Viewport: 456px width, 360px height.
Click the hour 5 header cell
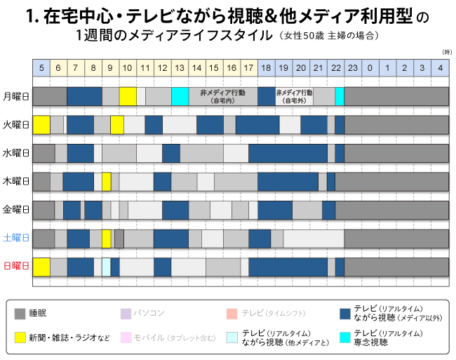point(41,67)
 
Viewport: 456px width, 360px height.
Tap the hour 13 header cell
point(180,67)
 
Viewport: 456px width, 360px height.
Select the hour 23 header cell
point(353,67)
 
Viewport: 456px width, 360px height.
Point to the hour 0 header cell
point(370,67)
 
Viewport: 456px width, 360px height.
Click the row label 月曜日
point(16,96)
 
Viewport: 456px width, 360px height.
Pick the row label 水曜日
point(16,153)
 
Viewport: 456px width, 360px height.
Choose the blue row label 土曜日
point(16,239)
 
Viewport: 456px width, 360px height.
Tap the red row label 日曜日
point(16,267)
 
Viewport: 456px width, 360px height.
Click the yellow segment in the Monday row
point(128,96)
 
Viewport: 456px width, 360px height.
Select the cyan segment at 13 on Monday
point(180,96)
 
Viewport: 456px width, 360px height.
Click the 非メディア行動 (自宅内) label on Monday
point(222,96)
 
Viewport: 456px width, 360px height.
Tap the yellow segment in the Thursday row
point(107,182)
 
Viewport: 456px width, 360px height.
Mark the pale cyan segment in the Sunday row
point(107,267)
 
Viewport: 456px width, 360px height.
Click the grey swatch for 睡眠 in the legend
point(21,314)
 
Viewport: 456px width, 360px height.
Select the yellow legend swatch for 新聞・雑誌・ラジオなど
point(21,337)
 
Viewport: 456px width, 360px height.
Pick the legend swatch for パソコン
point(126,314)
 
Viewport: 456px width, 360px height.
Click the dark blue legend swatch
point(344,314)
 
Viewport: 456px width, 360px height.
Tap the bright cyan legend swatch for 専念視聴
point(344,337)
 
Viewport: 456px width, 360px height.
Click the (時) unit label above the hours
point(446,53)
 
